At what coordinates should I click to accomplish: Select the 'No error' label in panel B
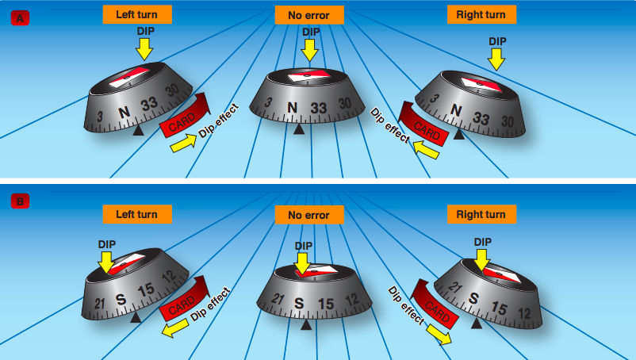309,214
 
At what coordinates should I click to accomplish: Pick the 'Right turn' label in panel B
481,213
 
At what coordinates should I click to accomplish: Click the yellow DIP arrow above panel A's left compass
144,50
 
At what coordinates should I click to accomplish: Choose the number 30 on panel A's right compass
508,120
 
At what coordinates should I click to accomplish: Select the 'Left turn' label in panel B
136,213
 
